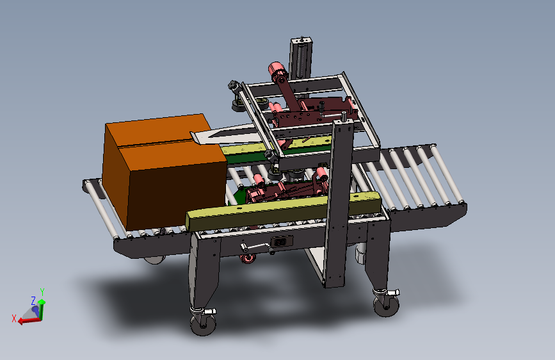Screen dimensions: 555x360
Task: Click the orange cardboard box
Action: pos(165,172)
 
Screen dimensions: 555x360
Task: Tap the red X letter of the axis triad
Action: pos(14,318)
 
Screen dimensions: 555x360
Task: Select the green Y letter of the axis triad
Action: pos(42,291)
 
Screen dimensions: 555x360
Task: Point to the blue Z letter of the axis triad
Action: pos(33,301)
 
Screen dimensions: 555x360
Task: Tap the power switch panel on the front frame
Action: pos(282,242)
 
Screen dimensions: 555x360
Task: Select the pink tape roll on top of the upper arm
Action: pos(277,69)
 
